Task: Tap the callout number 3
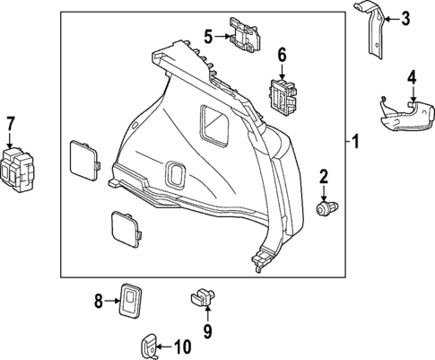[x=405, y=17]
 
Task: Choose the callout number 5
[x=208, y=37]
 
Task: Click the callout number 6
[x=282, y=57]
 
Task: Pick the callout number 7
[x=11, y=123]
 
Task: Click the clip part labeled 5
[x=243, y=35]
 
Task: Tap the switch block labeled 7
[x=20, y=168]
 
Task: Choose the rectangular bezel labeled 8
[x=135, y=299]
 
